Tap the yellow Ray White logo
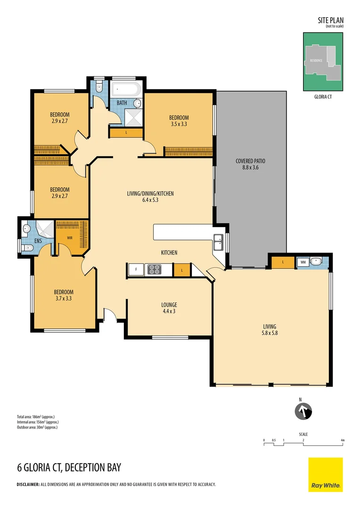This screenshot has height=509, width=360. point(326,474)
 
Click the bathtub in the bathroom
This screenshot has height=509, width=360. point(125,89)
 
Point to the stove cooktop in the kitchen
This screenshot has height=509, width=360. point(154,270)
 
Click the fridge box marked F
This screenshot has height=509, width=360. point(136,270)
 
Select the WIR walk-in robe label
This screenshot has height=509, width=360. point(69,238)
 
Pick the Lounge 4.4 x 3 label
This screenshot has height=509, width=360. point(169,308)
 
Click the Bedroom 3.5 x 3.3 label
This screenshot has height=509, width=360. point(179,121)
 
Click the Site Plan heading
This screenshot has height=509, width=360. point(331,20)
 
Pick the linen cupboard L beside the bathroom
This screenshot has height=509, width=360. point(126,133)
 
